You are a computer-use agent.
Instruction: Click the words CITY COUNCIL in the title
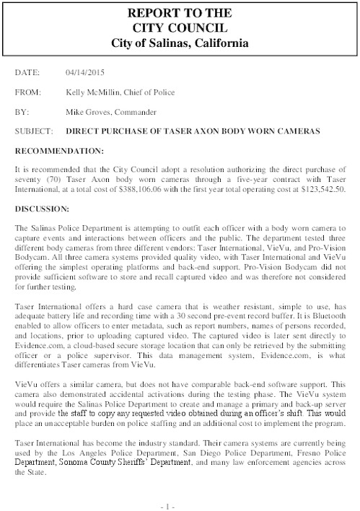click(x=180, y=28)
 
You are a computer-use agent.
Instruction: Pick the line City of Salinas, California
click(x=180, y=43)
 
